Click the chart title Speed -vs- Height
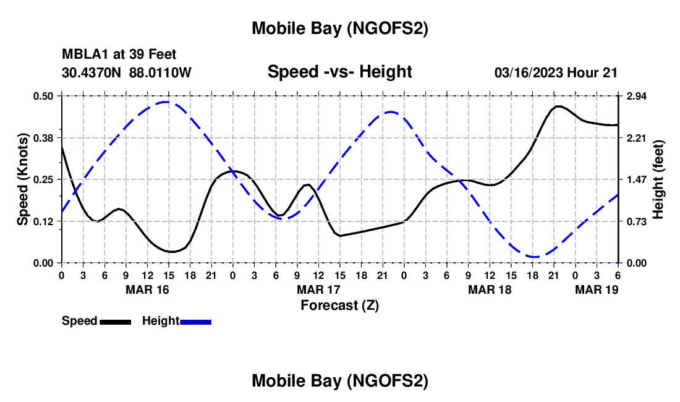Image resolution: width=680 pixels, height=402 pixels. (339, 72)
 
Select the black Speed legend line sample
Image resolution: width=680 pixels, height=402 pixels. (115, 322)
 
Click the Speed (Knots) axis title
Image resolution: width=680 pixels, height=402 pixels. (23, 179)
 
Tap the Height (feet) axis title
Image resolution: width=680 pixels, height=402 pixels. (658, 179)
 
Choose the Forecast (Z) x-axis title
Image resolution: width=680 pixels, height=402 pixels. (339, 305)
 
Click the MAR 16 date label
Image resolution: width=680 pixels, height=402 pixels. (147, 289)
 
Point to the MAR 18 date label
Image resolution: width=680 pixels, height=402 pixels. (490, 289)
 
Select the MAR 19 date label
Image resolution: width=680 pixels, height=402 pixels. (597, 289)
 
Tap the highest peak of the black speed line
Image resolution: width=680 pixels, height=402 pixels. (558, 106)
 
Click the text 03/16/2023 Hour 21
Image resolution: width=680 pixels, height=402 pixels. (556, 72)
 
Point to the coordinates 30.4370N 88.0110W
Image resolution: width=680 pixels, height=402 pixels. (127, 72)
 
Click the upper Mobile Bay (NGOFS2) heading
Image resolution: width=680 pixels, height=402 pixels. (339, 28)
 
